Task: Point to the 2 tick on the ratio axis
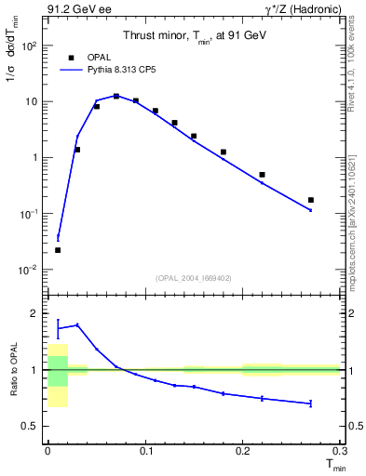click(x=36, y=313)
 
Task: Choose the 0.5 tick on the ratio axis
click(x=31, y=426)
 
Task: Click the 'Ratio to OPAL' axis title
click(x=11, y=370)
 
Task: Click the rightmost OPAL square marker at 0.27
click(x=311, y=200)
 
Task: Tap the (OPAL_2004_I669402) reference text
click(x=193, y=276)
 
